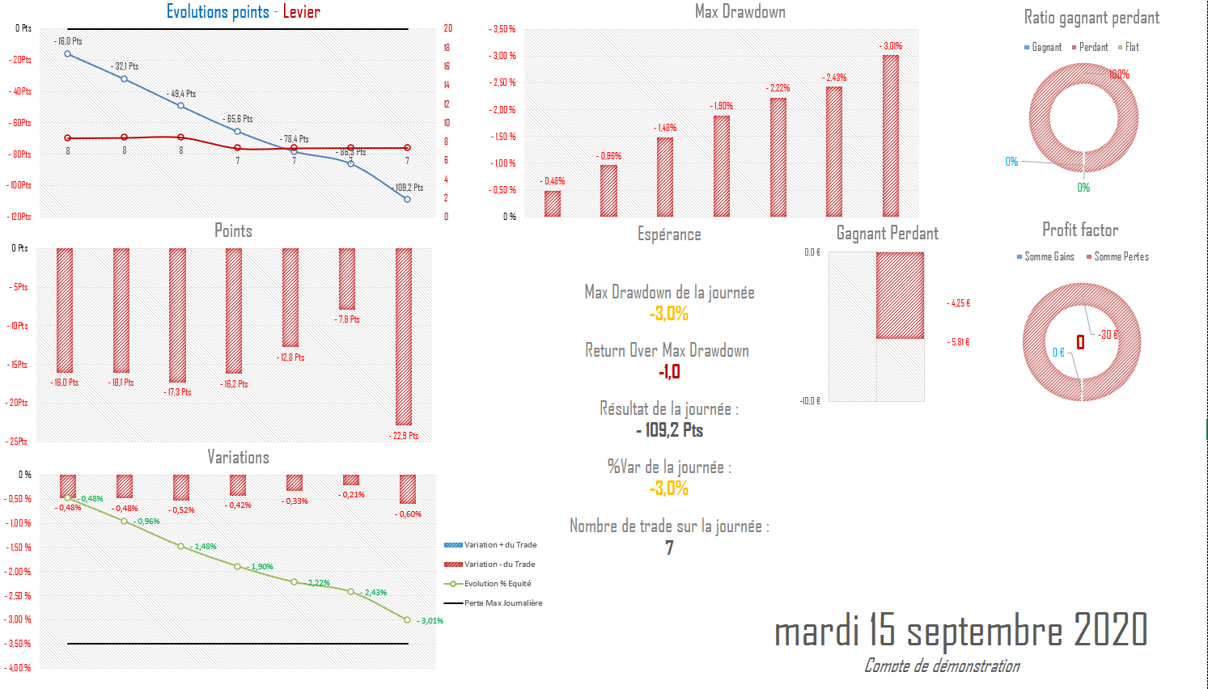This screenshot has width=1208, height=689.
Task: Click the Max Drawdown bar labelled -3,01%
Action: pyautogui.click(x=891, y=135)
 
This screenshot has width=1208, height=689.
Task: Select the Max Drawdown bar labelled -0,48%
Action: pyautogui.click(x=553, y=204)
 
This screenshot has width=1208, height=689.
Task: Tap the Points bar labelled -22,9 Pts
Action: pyautogui.click(x=404, y=336)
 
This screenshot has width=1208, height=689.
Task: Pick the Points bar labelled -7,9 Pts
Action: pyautogui.click(x=347, y=279)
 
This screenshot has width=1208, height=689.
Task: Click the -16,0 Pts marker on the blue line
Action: pyautogui.click(x=68, y=54)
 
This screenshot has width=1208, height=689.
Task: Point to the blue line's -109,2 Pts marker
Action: pyautogui.click(x=407, y=199)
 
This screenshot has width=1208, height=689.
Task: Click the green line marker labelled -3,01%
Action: pyautogui.click(x=407, y=620)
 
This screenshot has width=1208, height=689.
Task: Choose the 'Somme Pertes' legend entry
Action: pyautogui.click(x=1121, y=257)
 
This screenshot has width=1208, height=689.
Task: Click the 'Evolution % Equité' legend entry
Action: pyautogui.click(x=497, y=584)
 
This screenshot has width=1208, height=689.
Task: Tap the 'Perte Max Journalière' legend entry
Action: pyautogui.click(x=502, y=603)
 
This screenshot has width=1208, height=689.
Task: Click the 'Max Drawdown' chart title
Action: pyautogui.click(x=740, y=12)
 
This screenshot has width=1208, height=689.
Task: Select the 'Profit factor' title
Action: pyautogui.click(x=1080, y=230)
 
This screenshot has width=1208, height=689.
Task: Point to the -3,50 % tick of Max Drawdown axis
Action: pyautogui.click(x=502, y=29)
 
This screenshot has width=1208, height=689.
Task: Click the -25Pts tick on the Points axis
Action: pyautogui.click(x=19, y=442)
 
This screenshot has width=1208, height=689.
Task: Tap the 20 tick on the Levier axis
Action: pyautogui.click(x=447, y=28)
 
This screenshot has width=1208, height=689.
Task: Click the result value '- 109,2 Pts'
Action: pyautogui.click(x=669, y=430)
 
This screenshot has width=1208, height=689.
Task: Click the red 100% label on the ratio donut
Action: pyautogui.click(x=1119, y=74)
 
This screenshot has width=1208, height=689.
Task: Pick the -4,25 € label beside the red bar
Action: pyautogui.click(x=959, y=303)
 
